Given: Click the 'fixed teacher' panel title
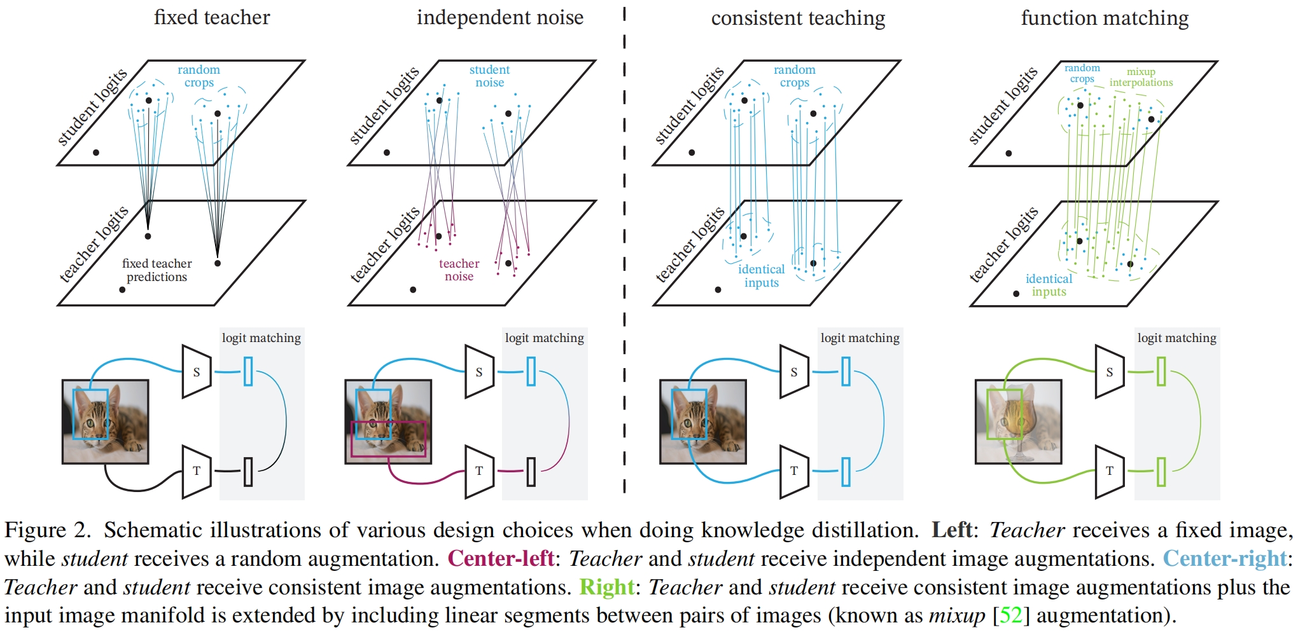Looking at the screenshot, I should [212, 17].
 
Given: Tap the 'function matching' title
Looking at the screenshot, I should [1105, 18].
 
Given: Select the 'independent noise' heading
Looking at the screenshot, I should [499, 18].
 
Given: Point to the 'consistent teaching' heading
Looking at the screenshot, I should [798, 18].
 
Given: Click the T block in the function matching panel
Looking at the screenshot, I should [1109, 471].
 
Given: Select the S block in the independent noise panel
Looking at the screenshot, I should [479, 372].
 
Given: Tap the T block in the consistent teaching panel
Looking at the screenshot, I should [793, 471].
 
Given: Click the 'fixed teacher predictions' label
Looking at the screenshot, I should [157, 270].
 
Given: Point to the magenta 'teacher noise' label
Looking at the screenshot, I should [459, 270].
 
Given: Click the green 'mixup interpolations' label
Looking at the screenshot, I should [1141, 77].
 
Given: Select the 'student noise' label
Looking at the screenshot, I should [489, 76].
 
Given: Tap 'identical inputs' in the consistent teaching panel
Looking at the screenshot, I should [761, 276].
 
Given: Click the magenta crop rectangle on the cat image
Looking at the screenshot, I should [388, 455].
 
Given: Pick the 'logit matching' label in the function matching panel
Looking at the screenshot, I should [1176, 338].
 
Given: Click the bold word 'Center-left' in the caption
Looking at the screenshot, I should [501, 558].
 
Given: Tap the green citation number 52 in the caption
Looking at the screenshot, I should [1010, 615].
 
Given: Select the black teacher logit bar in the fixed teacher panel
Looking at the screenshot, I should [248, 472].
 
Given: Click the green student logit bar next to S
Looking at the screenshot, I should [1161, 371].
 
